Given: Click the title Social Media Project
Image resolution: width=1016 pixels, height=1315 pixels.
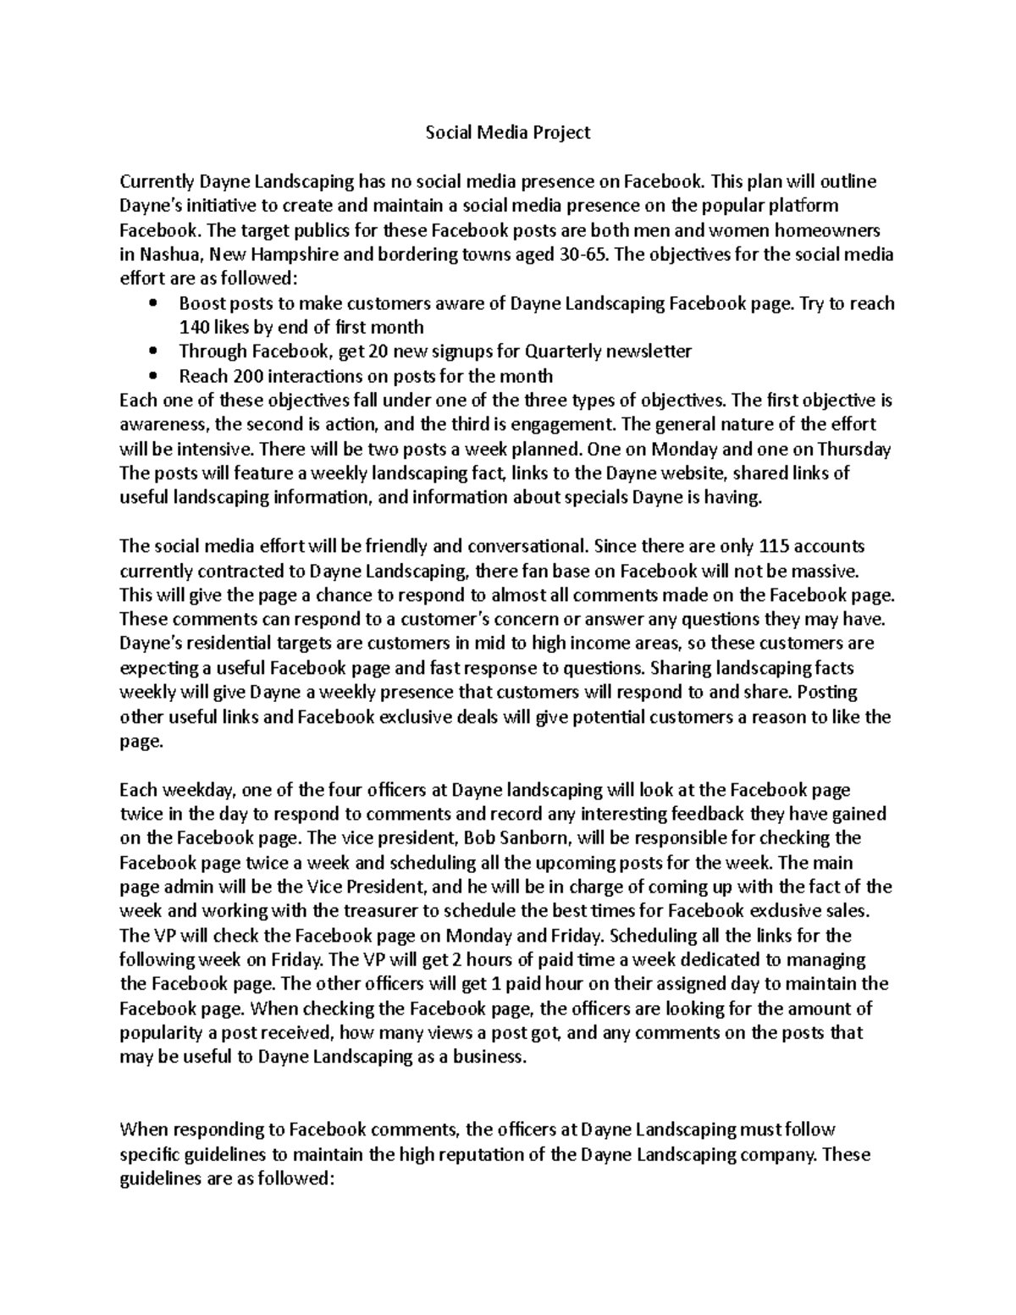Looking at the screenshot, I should point(507,132).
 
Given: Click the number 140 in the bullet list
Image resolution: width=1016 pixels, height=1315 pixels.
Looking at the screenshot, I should point(193,327).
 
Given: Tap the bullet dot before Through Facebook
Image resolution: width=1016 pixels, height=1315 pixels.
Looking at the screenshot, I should point(152,351).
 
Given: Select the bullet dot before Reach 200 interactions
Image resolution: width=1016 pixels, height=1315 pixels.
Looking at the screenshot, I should point(152,376).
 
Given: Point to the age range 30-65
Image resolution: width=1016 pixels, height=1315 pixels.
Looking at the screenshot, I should point(584,254).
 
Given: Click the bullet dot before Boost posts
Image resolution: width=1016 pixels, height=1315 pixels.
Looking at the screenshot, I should point(152,303).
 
